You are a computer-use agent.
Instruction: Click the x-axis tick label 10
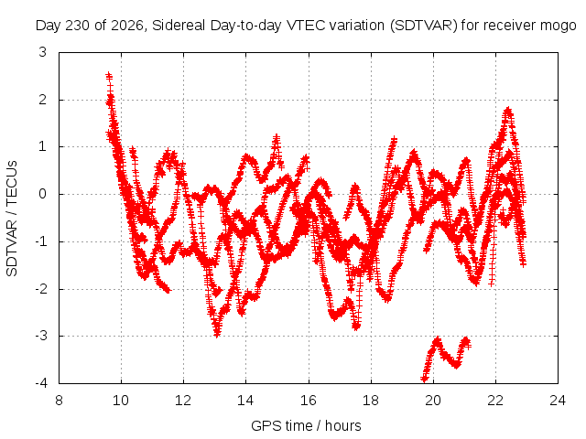click(121, 401)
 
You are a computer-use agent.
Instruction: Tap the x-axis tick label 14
click(245, 401)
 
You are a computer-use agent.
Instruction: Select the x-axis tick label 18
click(371, 401)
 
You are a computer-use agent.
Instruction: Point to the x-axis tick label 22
click(495, 401)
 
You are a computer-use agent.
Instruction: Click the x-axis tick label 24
click(558, 401)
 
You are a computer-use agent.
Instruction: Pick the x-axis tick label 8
click(59, 401)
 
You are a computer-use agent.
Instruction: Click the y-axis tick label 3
click(43, 53)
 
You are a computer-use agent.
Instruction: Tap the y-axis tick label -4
click(41, 383)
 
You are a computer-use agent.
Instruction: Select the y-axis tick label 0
click(43, 194)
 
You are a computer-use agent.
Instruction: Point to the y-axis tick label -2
click(41, 289)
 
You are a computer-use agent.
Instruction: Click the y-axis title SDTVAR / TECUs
click(12, 219)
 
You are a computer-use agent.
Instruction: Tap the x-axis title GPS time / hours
click(306, 426)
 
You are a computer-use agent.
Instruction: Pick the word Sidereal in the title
click(179, 26)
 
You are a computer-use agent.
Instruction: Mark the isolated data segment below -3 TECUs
click(446, 358)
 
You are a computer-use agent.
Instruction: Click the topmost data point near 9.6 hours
click(109, 75)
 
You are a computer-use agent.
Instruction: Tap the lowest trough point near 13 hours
click(217, 334)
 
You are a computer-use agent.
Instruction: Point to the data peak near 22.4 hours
click(507, 110)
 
